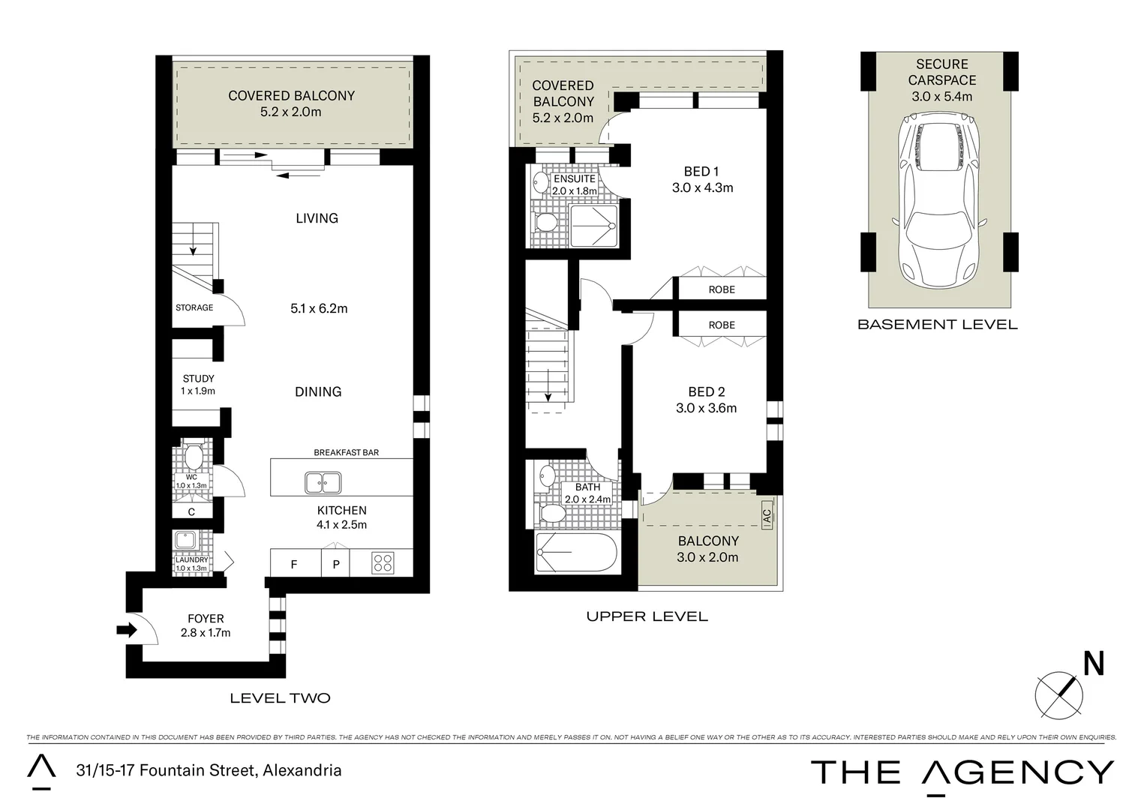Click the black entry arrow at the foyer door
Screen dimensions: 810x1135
127,630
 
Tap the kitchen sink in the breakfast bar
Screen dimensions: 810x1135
323,482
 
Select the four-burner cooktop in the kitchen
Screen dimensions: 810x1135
383,562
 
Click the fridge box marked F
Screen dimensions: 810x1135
294,564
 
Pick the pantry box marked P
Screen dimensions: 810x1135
336,564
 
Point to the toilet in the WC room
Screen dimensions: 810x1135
194,456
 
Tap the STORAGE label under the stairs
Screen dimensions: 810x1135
194,307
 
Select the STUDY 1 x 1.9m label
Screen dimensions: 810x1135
198,385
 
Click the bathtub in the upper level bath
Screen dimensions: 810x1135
576,552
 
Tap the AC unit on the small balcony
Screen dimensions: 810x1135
766,516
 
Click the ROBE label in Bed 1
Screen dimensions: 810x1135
722,289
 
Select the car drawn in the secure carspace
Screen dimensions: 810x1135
938,197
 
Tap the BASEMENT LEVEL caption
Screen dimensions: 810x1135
937,325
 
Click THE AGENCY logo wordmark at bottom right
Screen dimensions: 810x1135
962,772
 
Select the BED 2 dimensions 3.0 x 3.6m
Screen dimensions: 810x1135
706,408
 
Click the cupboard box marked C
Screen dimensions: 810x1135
191,512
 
